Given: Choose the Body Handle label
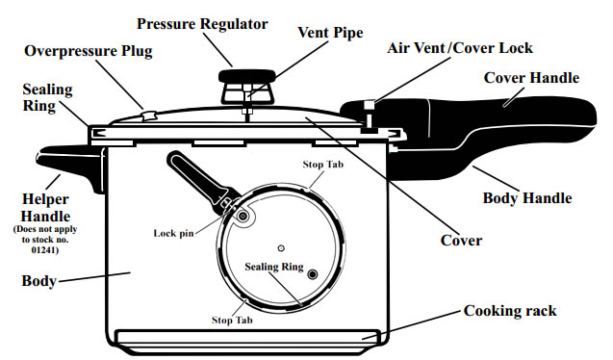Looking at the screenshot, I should [x=526, y=198].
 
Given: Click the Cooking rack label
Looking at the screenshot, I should [x=510, y=311].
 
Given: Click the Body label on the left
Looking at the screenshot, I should [x=38, y=283].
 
